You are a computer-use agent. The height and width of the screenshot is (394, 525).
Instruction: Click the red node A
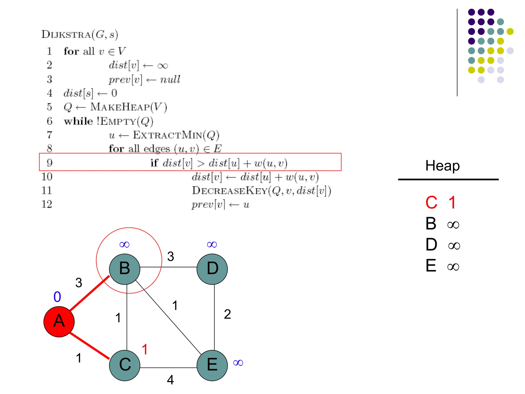[59, 321]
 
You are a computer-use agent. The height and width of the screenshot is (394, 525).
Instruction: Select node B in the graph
[125, 269]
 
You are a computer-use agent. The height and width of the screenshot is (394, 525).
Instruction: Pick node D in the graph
[212, 269]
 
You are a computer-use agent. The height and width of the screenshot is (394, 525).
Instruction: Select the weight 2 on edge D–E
[227, 314]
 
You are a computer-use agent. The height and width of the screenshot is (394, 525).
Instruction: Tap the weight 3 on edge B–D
[170, 256]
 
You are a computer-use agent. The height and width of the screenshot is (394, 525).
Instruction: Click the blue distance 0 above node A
[57, 297]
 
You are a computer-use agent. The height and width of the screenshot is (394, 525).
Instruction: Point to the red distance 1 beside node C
[145, 349]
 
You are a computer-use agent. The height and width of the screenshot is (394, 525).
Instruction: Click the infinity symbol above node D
[212, 244]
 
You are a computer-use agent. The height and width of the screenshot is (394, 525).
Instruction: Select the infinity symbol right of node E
[238, 363]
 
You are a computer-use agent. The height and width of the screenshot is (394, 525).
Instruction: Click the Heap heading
[442, 165]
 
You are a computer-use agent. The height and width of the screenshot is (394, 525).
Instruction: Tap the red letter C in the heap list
[431, 203]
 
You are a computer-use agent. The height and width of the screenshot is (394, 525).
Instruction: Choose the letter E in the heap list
[431, 266]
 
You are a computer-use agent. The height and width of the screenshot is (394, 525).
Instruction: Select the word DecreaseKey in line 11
[230, 191]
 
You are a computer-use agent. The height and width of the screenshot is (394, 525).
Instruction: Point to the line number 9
[49, 163]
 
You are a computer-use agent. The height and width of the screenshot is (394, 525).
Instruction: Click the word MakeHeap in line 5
[120, 107]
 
